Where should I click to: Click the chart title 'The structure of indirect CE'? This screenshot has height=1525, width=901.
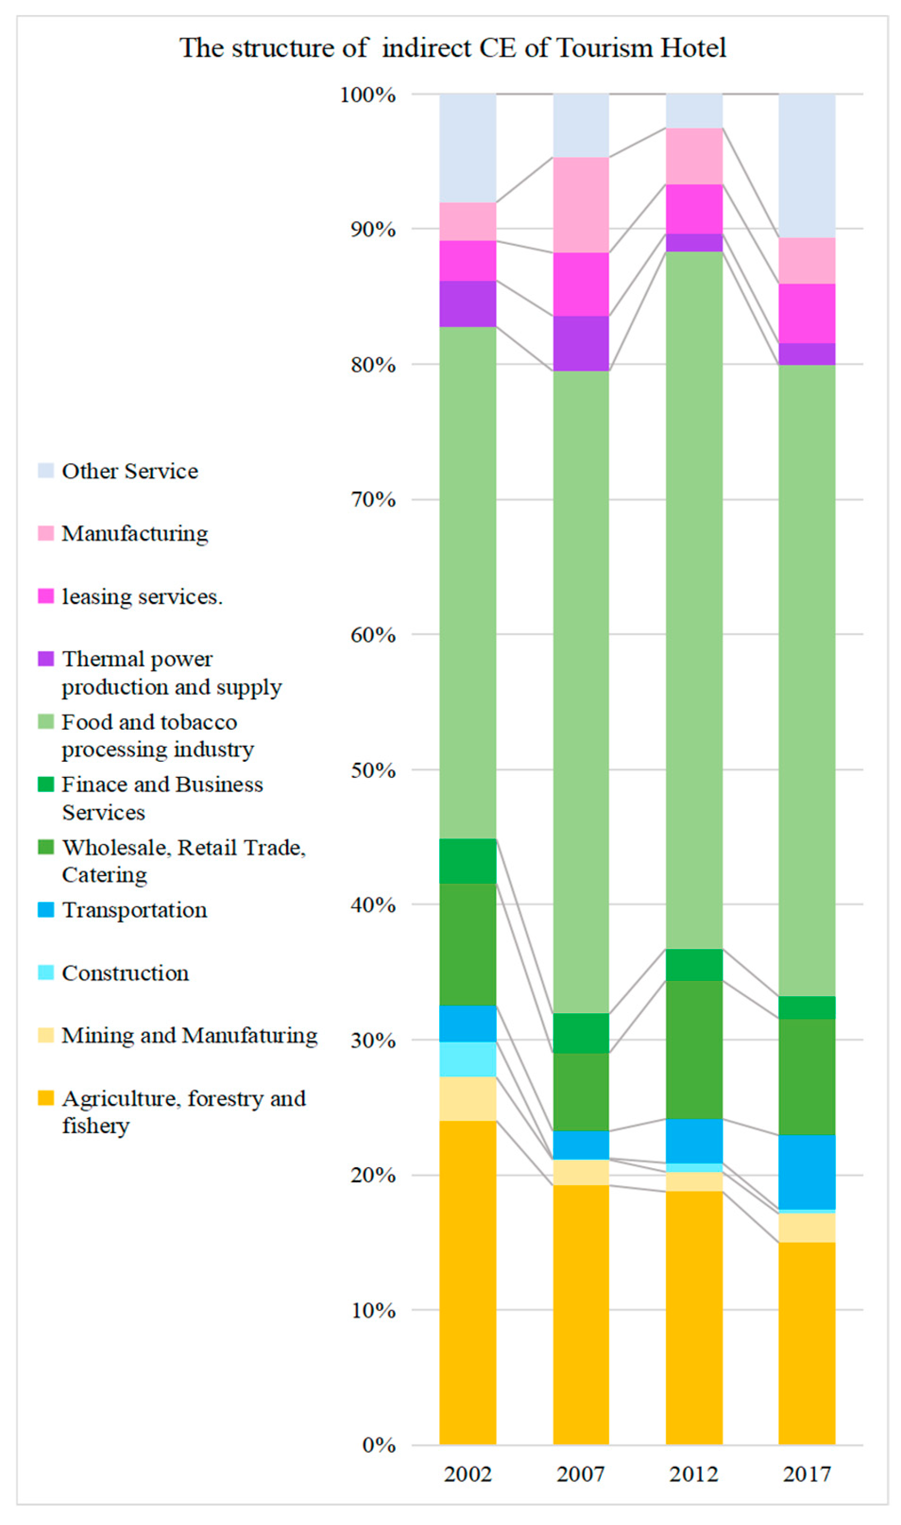452,48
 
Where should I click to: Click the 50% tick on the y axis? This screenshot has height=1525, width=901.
373,770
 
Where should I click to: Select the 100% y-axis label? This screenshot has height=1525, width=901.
368,95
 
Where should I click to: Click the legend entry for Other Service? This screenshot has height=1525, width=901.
130,472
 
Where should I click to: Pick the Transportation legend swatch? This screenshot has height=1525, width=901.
46,910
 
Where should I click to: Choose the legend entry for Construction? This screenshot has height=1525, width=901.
125,973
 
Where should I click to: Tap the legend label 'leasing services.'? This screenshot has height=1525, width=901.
142,597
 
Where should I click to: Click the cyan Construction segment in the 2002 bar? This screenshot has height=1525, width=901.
467,1059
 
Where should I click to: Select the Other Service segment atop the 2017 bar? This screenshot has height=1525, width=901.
806,165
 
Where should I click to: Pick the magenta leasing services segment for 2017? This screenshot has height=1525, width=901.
806,313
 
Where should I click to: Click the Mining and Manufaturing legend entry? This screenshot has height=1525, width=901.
189,1035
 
